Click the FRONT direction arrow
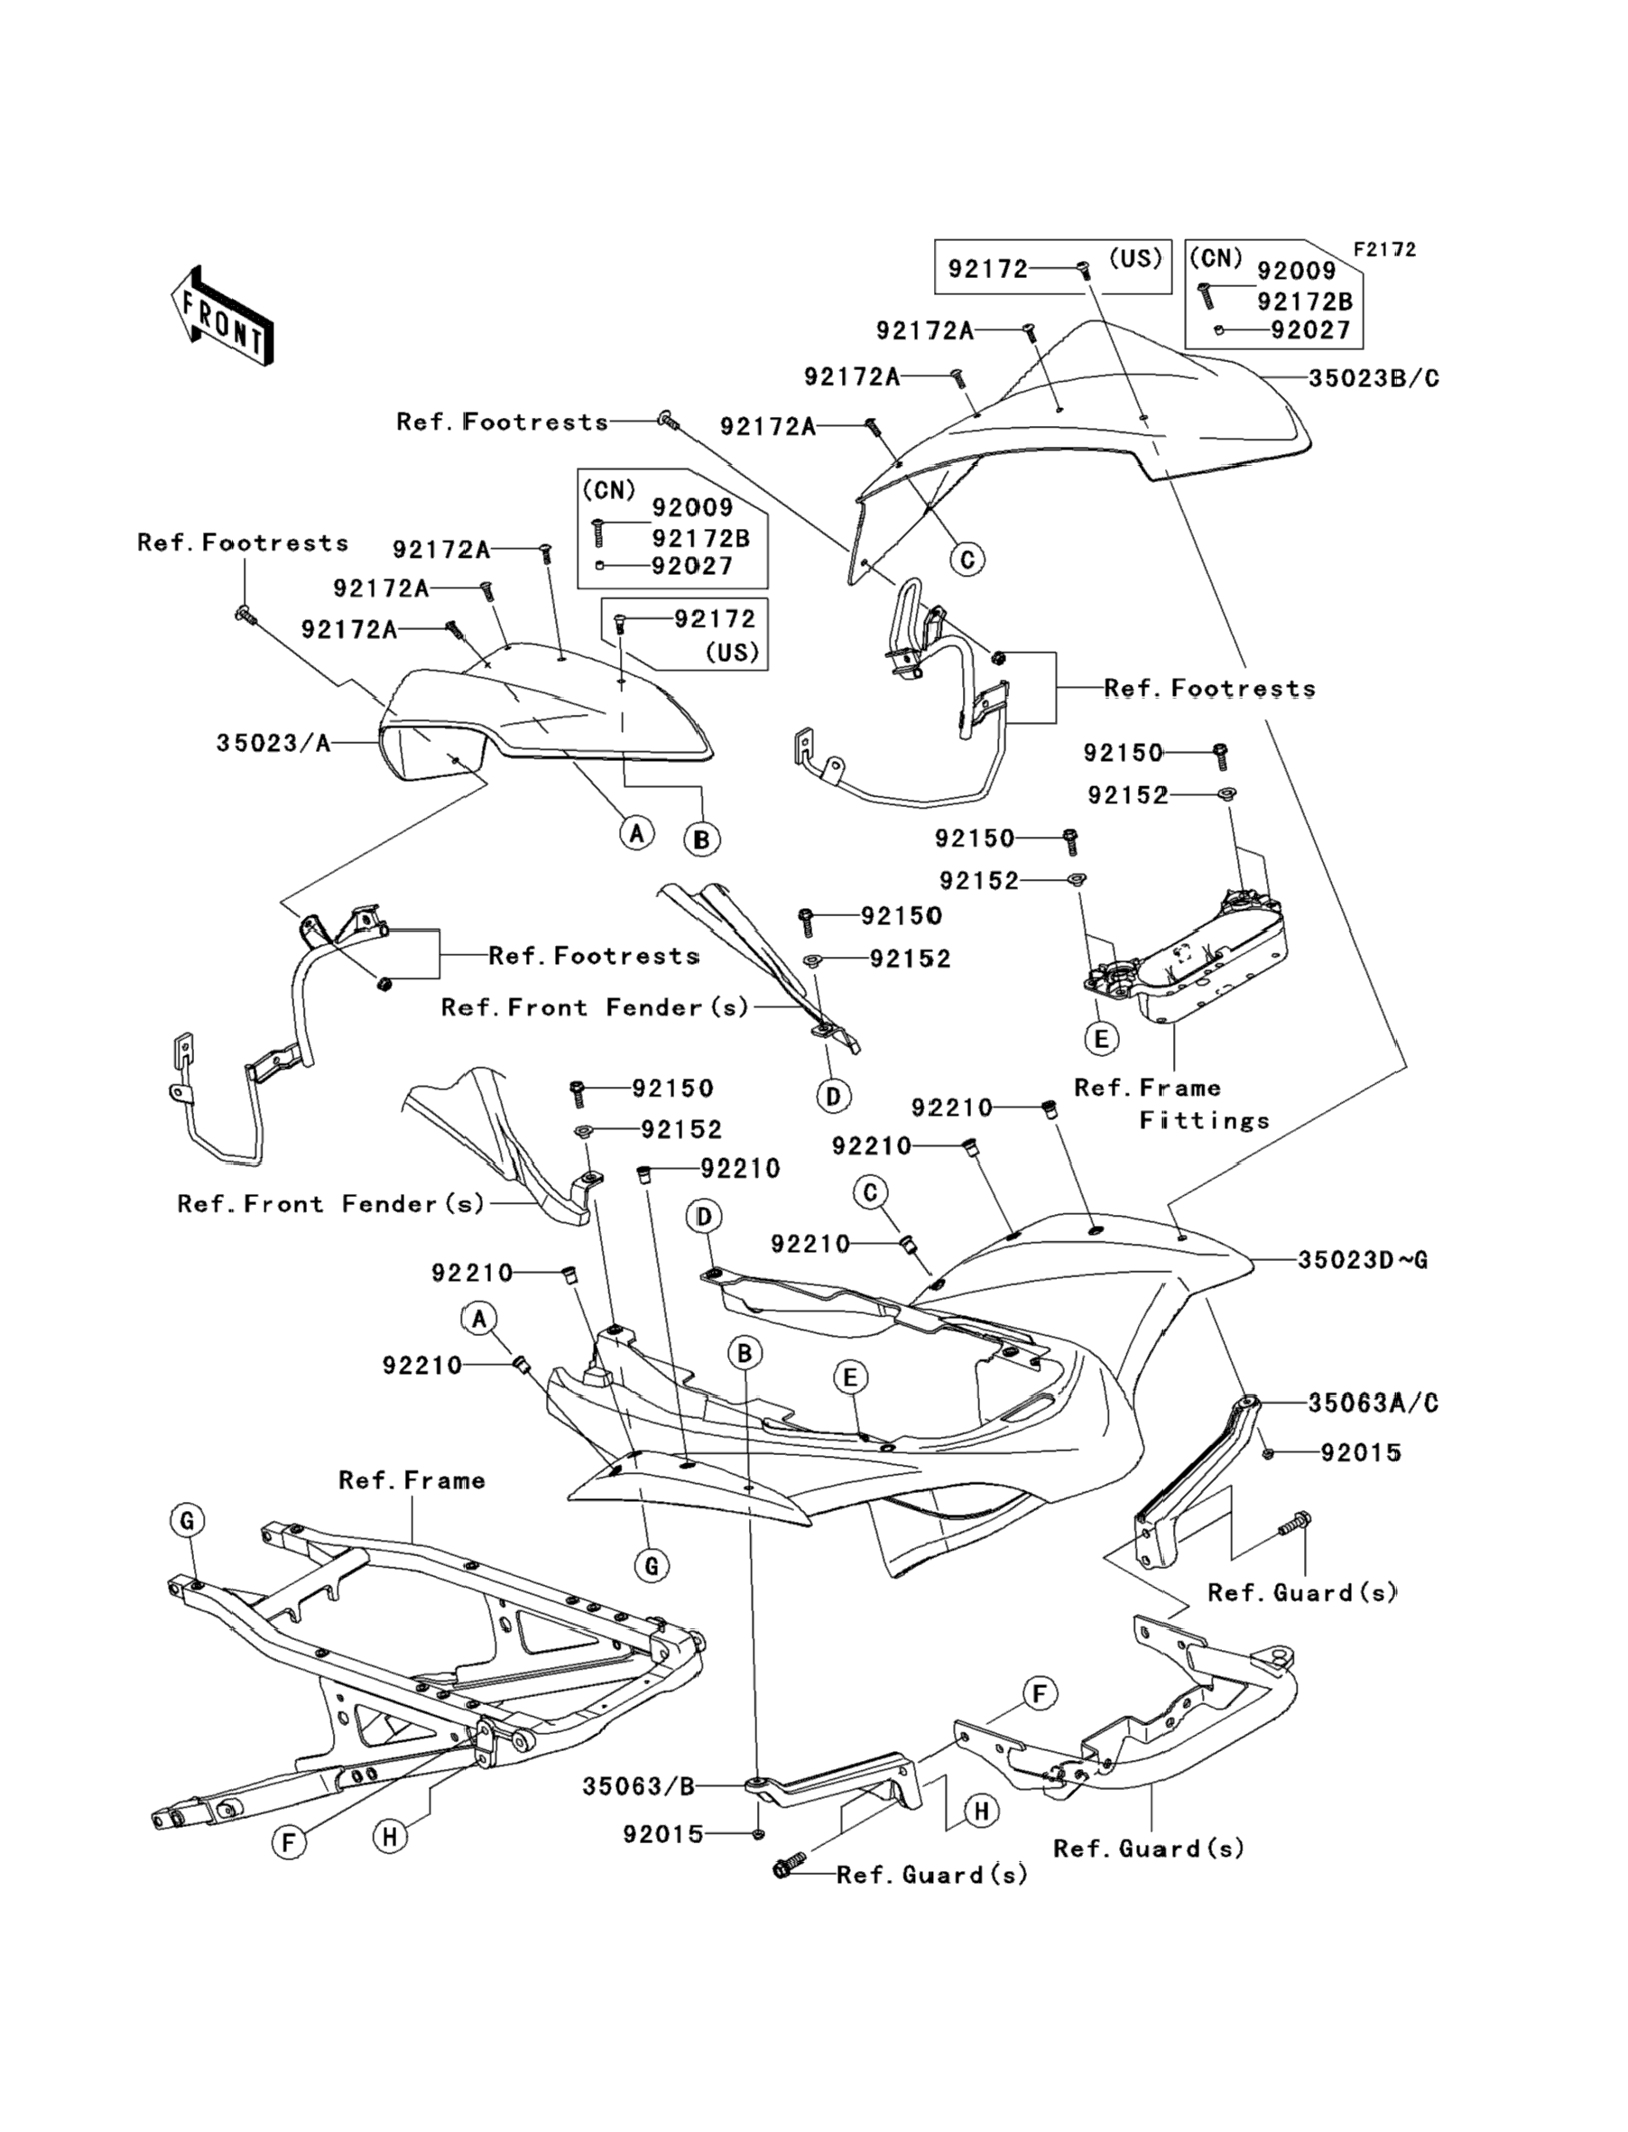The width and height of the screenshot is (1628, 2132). [223, 317]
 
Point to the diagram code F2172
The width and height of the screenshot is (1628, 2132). [1384, 250]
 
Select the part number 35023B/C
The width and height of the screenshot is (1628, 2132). [1374, 379]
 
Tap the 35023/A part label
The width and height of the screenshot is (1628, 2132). [273, 743]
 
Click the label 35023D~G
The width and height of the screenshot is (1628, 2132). [1363, 1260]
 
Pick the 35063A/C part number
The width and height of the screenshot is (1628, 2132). [1373, 1403]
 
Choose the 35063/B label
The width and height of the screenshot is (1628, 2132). [639, 1786]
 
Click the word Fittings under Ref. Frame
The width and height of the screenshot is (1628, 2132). [1204, 1121]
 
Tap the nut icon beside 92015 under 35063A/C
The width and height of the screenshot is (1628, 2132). [1269, 1453]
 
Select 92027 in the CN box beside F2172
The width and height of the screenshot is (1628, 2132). [1310, 330]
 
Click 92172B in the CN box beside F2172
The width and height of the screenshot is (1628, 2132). [1304, 301]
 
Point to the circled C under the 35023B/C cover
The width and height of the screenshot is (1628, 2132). [967, 559]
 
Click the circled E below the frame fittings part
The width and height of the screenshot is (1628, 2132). [1101, 1039]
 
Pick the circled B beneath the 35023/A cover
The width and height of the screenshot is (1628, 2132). [700, 839]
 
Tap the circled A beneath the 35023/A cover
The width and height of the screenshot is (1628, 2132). [635, 831]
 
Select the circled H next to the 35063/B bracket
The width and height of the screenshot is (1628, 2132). [981, 1811]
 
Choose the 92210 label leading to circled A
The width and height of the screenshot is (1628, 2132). [421, 1366]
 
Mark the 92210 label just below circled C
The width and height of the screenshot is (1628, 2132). [810, 1243]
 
